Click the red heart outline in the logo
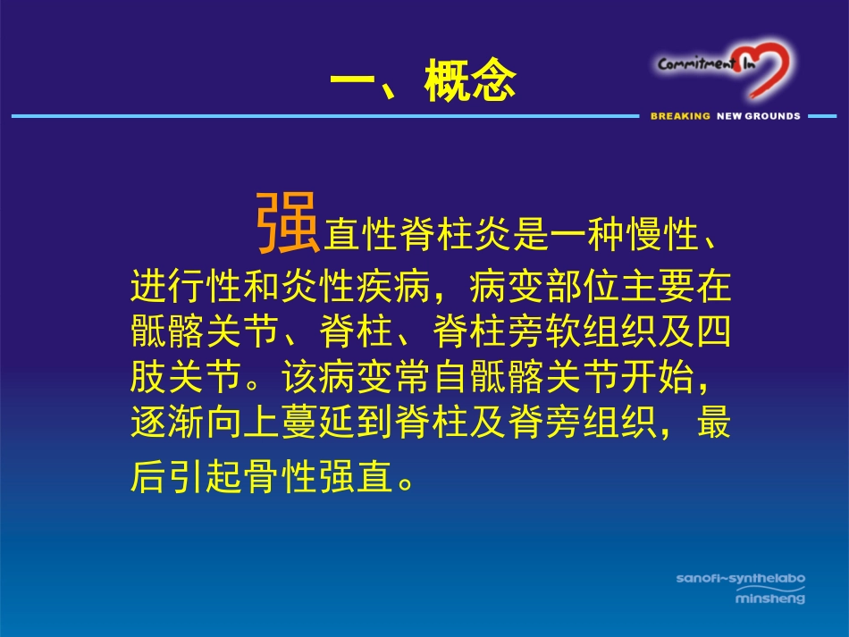[x=767, y=69]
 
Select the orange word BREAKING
[x=680, y=116]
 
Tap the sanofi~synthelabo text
[x=740, y=579]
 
